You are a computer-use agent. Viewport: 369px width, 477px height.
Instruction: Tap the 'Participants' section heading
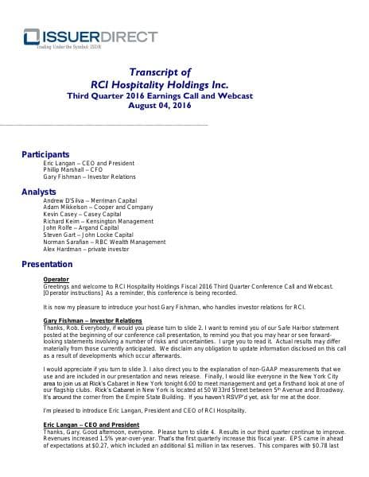click(x=45, y=154)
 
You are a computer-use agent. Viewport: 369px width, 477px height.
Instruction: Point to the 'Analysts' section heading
click(x=39, y=192)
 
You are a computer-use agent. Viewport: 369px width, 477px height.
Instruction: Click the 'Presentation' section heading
click(x=47, y=263)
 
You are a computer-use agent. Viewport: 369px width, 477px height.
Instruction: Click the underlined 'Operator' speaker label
click(x=56, y=280)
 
